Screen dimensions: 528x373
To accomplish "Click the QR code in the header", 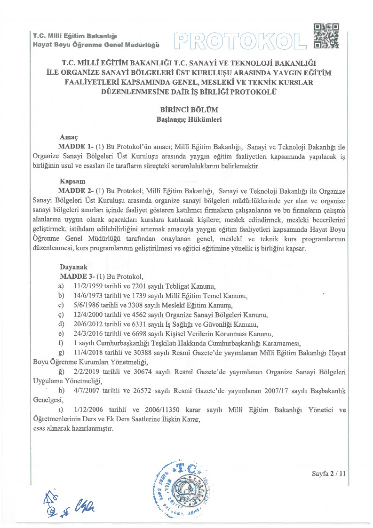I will [325, 36].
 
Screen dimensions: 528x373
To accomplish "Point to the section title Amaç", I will [69, 138].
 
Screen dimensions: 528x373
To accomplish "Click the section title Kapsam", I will [72, 181].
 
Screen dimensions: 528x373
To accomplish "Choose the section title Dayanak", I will [73, 267].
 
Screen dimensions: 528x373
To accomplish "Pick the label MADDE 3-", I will [77, 276].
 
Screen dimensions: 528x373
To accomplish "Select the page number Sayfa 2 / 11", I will [329, 474].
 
